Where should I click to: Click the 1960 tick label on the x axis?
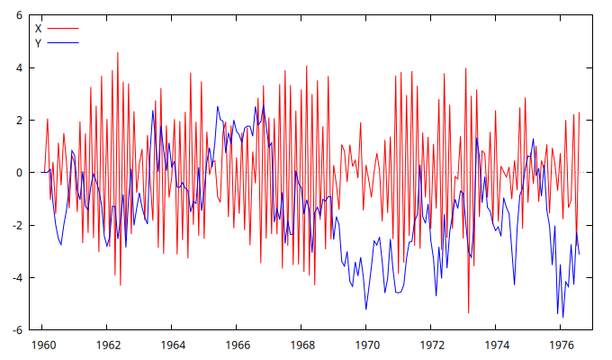pyautogui.click(x=43, y=345)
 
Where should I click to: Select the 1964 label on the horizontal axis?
pyautogui.click(x=173, y=345)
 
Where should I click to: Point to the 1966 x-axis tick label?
pyautogui.click(x=238, y=345)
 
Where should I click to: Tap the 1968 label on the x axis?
pyautogui.click(x=302, y=345)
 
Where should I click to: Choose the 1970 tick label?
pyautogui.click(x=367, y=345)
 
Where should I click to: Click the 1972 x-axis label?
pyautogui.click(x=432, y=345)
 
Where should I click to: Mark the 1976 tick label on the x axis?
pyautogui.click(x=562, y=345)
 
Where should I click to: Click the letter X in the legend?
pyautogui.click(x=38, y=29)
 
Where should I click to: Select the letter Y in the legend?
pyautogui.click(x=38, y=42)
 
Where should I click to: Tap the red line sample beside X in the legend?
pyautogui.click(x=63, y=29)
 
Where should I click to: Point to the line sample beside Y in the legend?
pyautogui.click(x=63, y=42)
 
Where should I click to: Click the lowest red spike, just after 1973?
pyautogui.click(x=469, y=312)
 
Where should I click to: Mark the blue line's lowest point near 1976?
pyautogui.click(x=563, y=317)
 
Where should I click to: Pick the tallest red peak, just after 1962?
pyautogui.click(x=117, y=53)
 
